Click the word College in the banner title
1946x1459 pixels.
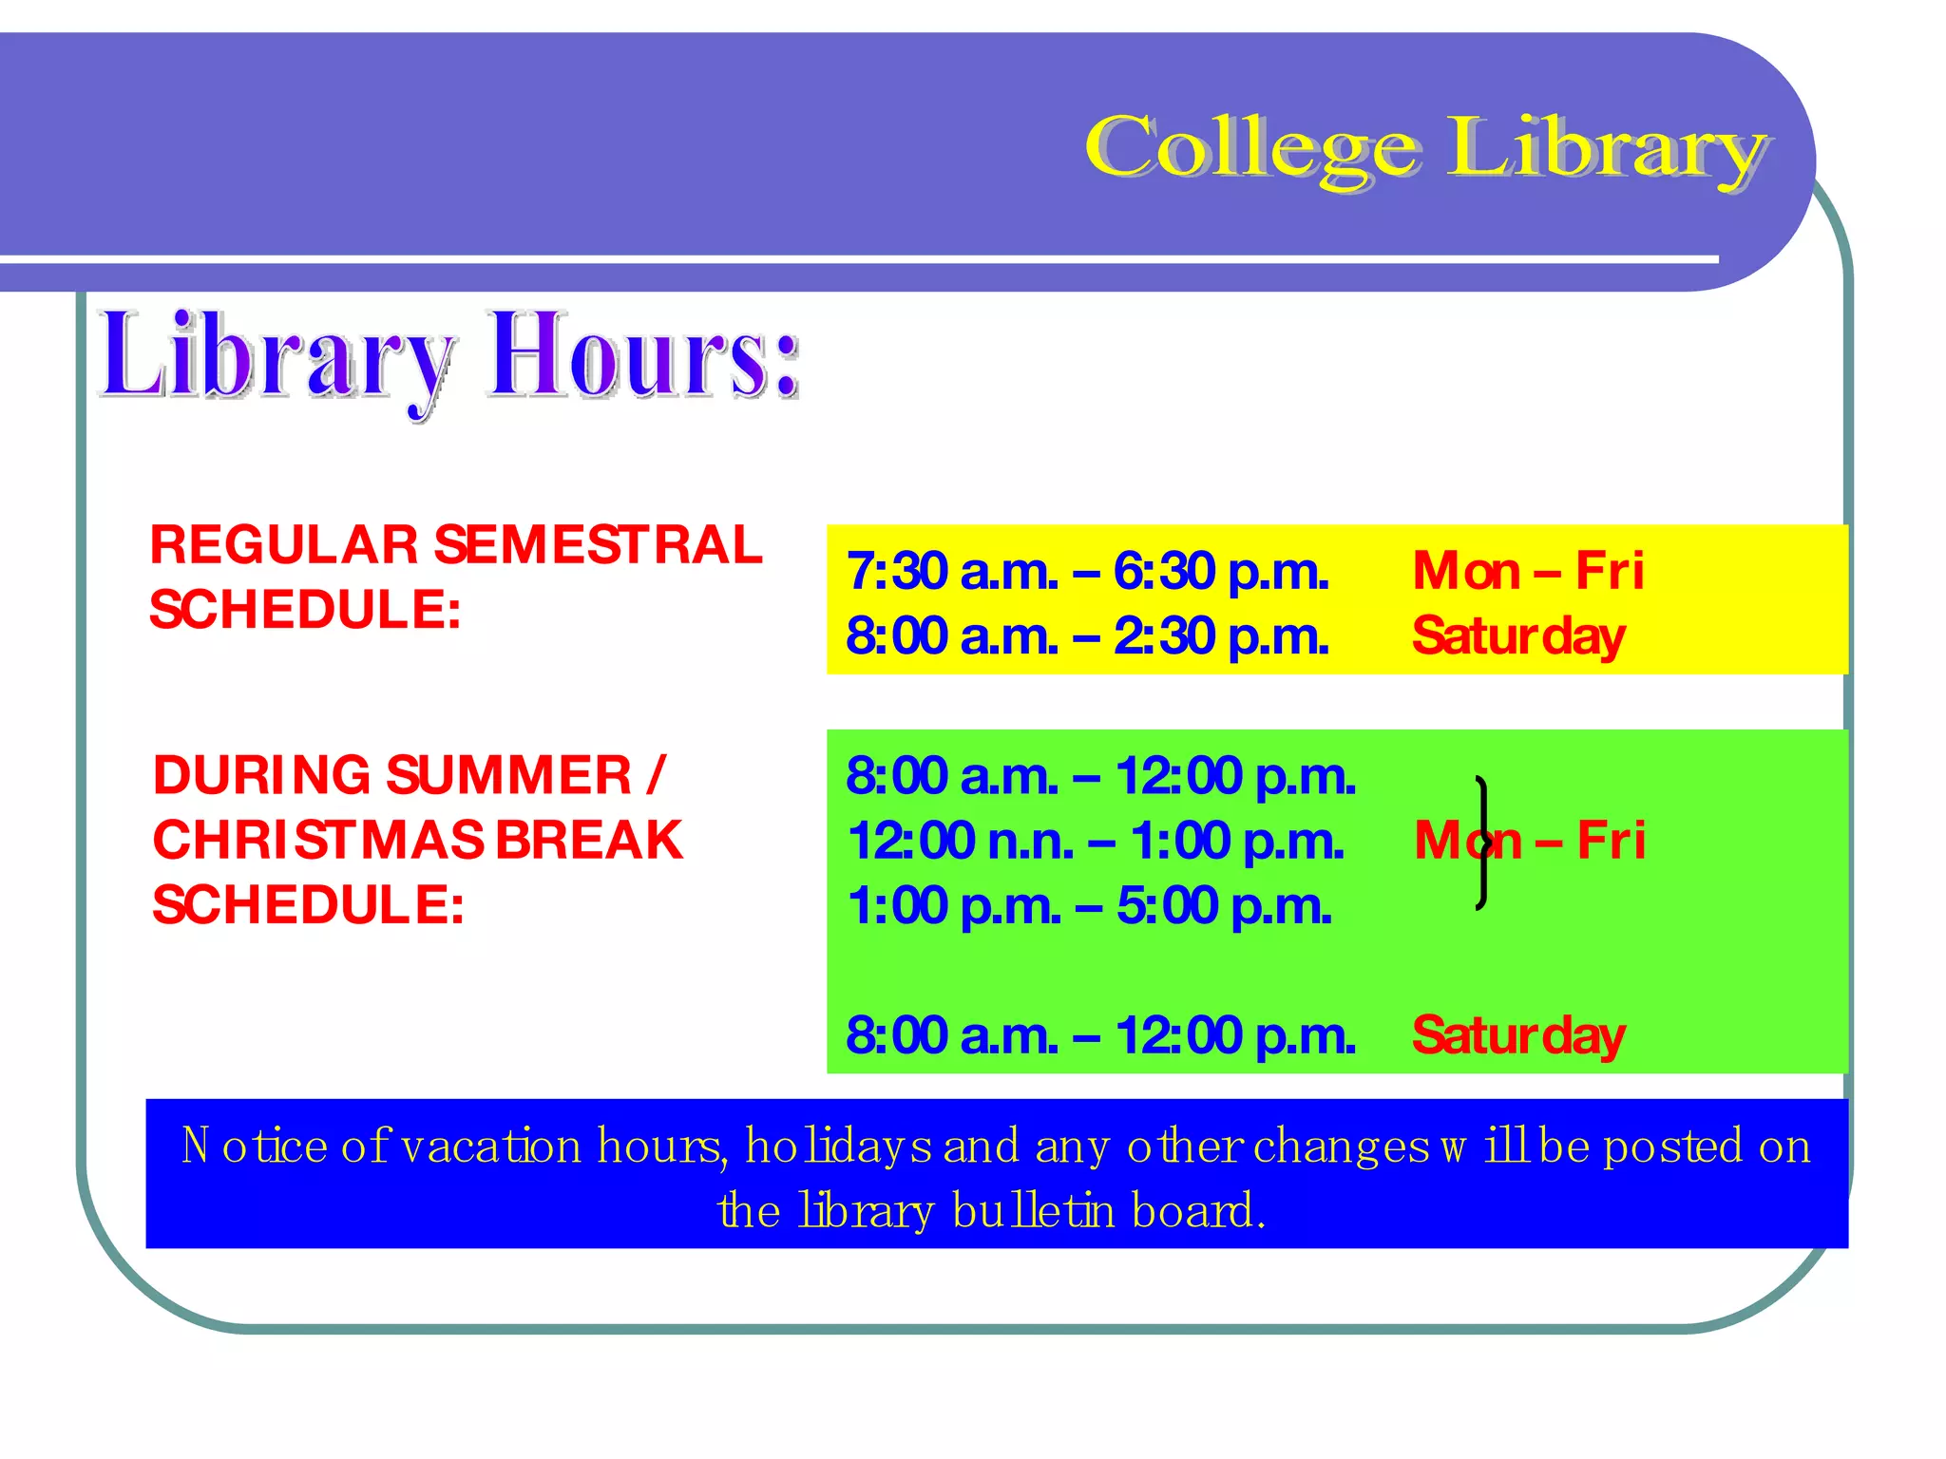click(1252, 149)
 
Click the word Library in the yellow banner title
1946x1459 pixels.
click(1606, 149)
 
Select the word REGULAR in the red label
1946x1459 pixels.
click(283, 545)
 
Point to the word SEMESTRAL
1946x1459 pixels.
click(598, 545)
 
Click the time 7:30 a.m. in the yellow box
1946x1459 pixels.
click(952, 572)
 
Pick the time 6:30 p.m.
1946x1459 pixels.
click(1221, 572)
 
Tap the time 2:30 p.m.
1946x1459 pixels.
click(1221, 636)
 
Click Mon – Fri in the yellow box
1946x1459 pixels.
click(1528, 572)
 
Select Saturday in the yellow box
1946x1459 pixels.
click(1518, 636)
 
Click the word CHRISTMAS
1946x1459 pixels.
click(318, 841)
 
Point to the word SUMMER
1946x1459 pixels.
click(509, 776)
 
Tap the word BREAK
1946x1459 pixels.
click(589, 841)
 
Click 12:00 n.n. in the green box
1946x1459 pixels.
click(960, 842)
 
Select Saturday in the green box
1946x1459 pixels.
click(1518, 1035)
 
